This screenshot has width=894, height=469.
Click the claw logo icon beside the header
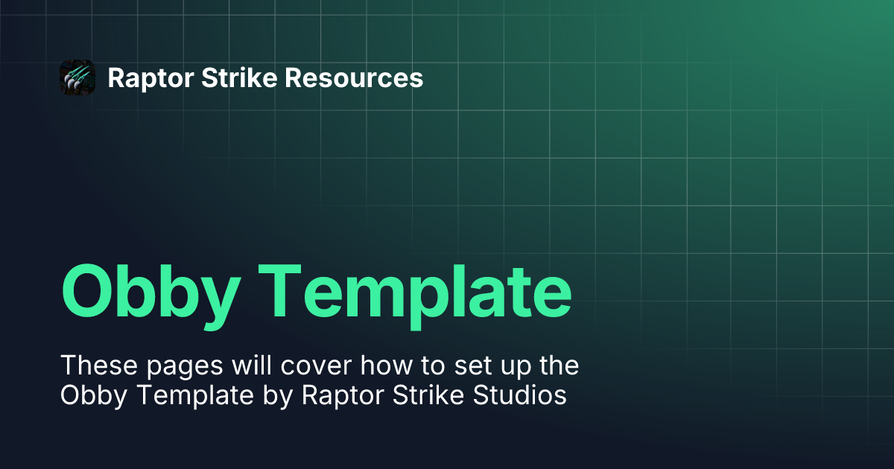point(77,77)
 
